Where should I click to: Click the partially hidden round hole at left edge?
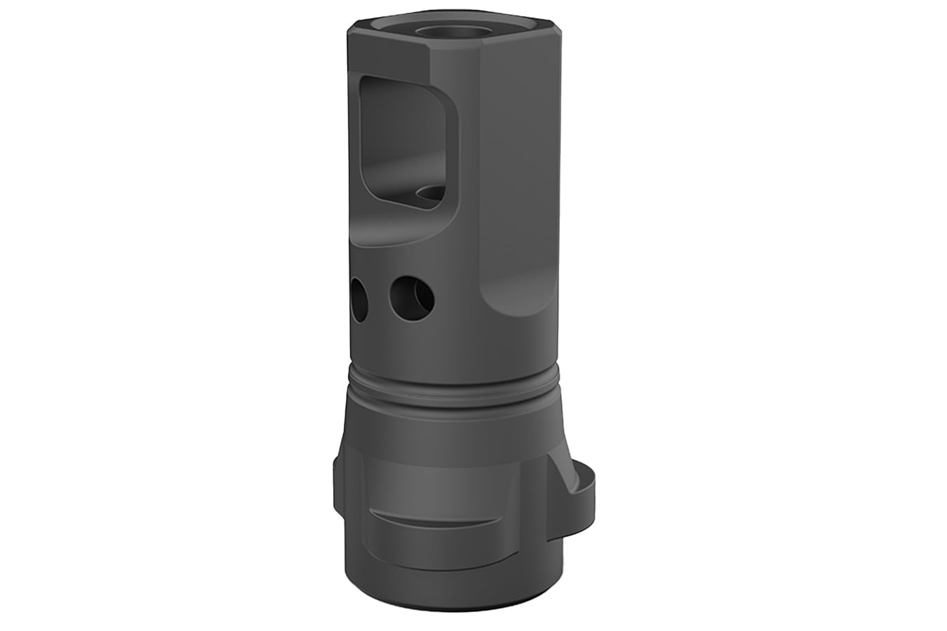click(x=357, y=300)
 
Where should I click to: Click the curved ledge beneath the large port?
click(x=400, y=231)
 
